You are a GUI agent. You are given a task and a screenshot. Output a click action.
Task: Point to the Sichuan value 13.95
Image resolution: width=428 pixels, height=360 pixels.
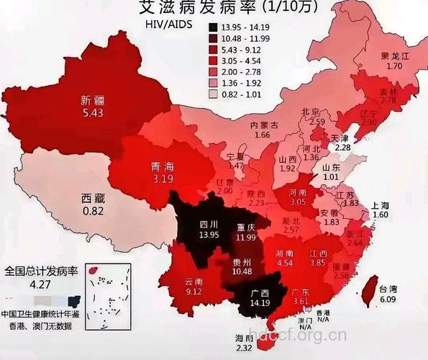pos(209,235)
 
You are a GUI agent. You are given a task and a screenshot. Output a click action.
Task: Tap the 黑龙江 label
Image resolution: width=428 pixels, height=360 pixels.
pos(395,55)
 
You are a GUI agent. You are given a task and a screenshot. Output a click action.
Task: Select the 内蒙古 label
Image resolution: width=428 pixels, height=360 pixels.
pos(264,125)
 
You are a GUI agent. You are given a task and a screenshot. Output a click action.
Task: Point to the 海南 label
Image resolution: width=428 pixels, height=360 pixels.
pos(245,338)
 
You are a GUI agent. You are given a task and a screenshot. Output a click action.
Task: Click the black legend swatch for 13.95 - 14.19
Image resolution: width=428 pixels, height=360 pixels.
pos(214,27)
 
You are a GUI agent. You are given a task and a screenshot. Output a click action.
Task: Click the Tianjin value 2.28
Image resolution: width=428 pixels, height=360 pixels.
pos(342,147)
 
